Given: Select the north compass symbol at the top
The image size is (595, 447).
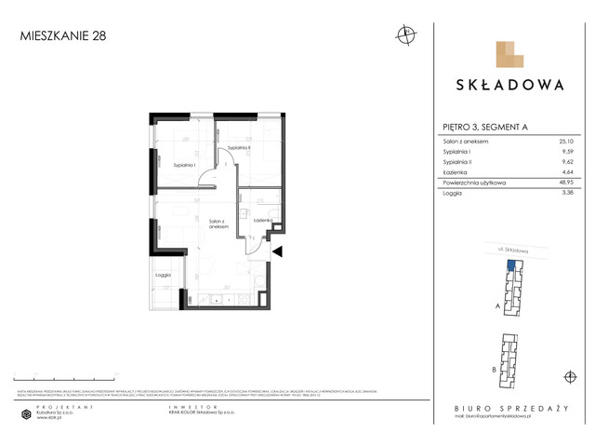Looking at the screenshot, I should pyautogui.click(x=405, y=36).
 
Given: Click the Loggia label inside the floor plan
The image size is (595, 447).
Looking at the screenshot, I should pyautogui.click(x=163, y=276).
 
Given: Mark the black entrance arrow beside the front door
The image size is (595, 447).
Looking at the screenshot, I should pyautogui.click(x=276, y=250).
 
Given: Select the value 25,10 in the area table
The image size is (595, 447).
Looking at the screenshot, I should pyautogui.click(x=563, y=141).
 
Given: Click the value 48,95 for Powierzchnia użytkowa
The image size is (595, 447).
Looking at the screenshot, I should pyautogui.click(x=562, y=183).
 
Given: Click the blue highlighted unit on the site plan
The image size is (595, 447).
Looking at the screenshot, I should pyautogui.click(x=509, y=266).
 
